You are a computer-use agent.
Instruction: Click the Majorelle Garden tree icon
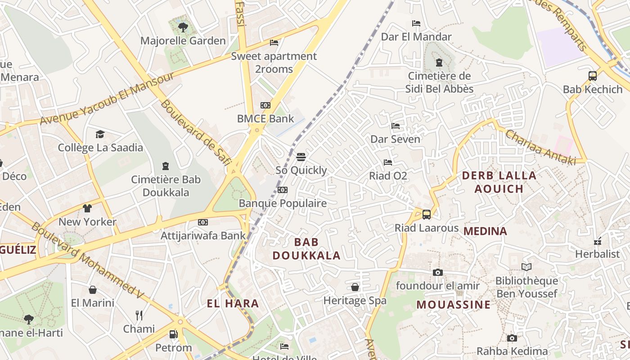pyautogui.click(x=183, y=27)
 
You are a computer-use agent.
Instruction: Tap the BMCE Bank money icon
pyautogui.click(x=265, y=105)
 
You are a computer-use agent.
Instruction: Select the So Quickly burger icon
pyautogui.click(x=301, y=157)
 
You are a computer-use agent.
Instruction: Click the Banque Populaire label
pyautogui.click(x=283, y=203)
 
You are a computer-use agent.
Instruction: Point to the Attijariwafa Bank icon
pyautogui.click(x=203, y=222)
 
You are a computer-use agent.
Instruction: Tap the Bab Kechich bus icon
pyautogui.click(x=593, y=76)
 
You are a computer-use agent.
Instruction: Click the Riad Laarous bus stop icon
pyautogui.click(x=426, y=215)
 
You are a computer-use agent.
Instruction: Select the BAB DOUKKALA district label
pyautogui.click(x=306, y=249)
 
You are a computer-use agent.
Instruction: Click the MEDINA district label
pyautogui.click(x=485, y=231)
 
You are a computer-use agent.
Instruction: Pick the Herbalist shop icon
pyautogui.click(x=598, y=242)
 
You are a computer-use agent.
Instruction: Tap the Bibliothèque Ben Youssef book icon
pyautogui.click(x=526, y=267)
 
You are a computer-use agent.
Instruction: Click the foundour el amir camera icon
pyautogui.click(x=437, y=272)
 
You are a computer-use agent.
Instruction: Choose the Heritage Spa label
pyautogui.click(x=355, y=301)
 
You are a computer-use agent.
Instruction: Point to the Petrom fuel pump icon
pyautogui.click(x=173, y=334)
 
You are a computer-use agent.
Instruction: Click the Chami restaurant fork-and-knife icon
pyautogui.click(x=139, y=315)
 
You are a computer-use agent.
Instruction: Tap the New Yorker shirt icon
pyautogui.click(x=87, y=208)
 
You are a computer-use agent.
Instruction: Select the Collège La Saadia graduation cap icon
pyautogui.click(x=100, y=134)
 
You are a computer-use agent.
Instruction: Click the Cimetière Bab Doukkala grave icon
pyautogui.click(x=165, y=166)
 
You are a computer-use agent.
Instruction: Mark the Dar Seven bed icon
pyautogui.click(x=395, y=126)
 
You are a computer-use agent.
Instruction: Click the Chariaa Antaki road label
pyautogui.click(x=540, y=147)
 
